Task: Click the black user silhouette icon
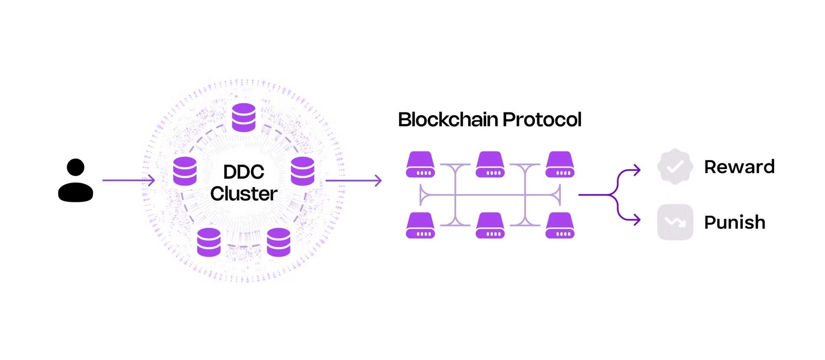(76, 180)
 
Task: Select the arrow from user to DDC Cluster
(128, 180)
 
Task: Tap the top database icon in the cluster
(244, 117)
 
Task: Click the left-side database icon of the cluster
(185, 171)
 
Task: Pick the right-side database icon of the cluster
(302, 171)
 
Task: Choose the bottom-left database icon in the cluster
(209, 242)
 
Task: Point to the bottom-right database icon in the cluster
(278, 242)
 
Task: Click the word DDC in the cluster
(244, 172)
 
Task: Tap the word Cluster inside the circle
(244, 194)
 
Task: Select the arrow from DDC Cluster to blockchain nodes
(354, 180)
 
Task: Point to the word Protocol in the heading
(542, 119)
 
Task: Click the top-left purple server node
(420, 165)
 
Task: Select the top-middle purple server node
(490, 165)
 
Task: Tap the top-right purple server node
(560, 165)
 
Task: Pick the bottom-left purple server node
(420, 226)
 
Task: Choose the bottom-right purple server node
(560, 226)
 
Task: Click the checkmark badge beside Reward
(675, 167)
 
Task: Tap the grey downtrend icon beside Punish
(675, 222)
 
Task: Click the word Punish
(735, 223)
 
